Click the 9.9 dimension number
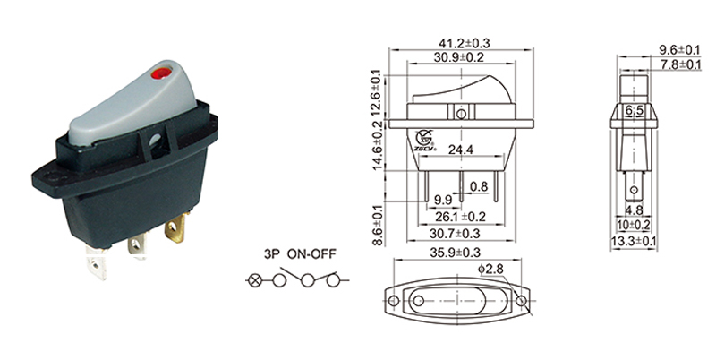click(x=442, y=199)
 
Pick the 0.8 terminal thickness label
click(x=479, y=187)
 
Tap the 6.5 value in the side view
click(x=635, y=112)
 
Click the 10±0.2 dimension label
click(x=635, y=227)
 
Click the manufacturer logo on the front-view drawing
click(x=423, y=138)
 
